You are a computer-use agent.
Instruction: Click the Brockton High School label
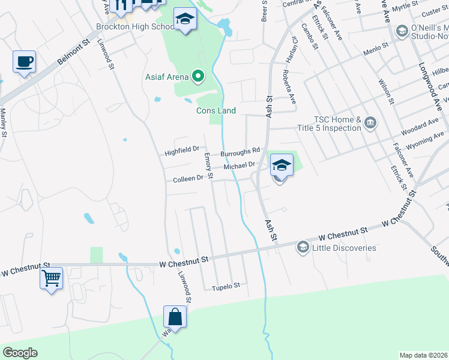click(135, 27)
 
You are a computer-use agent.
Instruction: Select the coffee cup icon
click(24, 62)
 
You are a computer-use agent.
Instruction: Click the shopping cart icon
click(52, 278)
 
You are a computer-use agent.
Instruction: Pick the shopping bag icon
click(175, 316)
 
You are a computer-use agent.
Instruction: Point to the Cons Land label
click(216, 110)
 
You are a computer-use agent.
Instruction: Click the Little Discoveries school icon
click(303, 247)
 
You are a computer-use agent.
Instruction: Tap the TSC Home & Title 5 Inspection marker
click(370, 124)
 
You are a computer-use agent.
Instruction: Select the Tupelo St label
click(226, 286)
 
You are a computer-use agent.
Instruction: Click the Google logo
click(20, 352)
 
